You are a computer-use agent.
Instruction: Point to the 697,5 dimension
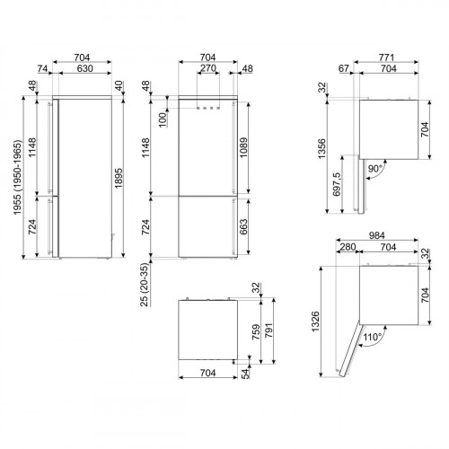338,186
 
